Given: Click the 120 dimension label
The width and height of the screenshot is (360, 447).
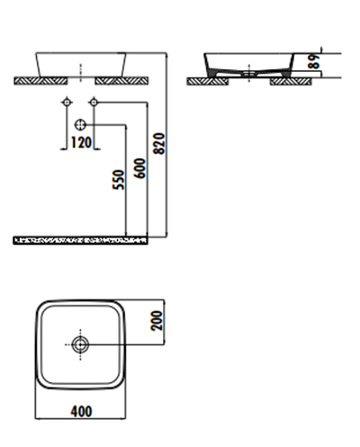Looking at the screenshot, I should tap(81, 141).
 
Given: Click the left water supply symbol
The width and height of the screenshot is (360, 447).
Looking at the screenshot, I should tap(66, 103).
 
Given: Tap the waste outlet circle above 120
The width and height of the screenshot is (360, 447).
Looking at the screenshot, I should tap(81, 123).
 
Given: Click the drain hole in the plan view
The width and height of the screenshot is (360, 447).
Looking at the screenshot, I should tap(81, 344).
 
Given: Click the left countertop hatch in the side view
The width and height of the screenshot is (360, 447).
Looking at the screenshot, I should tap(206, 81).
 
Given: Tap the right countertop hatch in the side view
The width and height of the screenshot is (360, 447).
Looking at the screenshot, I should tap(292, 81).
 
